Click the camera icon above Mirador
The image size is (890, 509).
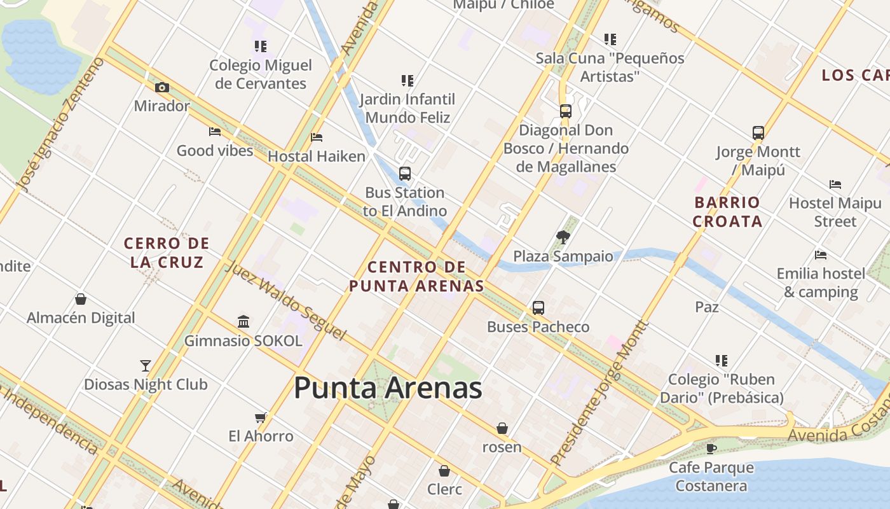pyautogui.click(x=162, y=88)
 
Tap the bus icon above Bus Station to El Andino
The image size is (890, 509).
pyautogui.click(x=404, y=173)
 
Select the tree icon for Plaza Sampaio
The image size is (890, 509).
pyautogui.click(x=563, y=237)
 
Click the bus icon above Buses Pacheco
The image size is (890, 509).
pyautogui.click(x=538, y=308)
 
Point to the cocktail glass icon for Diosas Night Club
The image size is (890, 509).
pyautogui.click(x=146, y=366)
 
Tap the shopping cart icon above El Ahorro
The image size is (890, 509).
pyautogui.click(x=260, y=417)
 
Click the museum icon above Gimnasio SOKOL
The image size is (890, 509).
pyautogui.click(x=243, y=321)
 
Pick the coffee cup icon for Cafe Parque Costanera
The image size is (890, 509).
pyautogui.click(x=711, y=449)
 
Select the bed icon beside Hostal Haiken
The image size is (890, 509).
pyautogui.click(x=317, y=137)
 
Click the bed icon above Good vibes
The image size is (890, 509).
pyautogui.click(x=215, y=132)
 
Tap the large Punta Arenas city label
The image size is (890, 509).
pyautogui.click(x=388, y=387)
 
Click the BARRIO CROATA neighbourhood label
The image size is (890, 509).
pyautogui.click(x=727, y=212)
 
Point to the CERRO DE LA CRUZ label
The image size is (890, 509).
pyautogui.click(x=167, y=253)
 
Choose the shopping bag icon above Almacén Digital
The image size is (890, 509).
pyautogui.click(x=81, y=299)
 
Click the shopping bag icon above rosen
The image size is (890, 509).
pyautogui.click(x=502, y=428)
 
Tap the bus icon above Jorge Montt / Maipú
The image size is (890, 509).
pyautogui.click(x=758, y=133)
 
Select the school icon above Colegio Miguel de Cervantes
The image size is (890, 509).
pyautogui.click(x=260, y=46)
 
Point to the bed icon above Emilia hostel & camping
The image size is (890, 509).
pyautogui.click(x=821, y=255)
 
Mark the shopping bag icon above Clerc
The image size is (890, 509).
pyautogui.click(x=444, y=471)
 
